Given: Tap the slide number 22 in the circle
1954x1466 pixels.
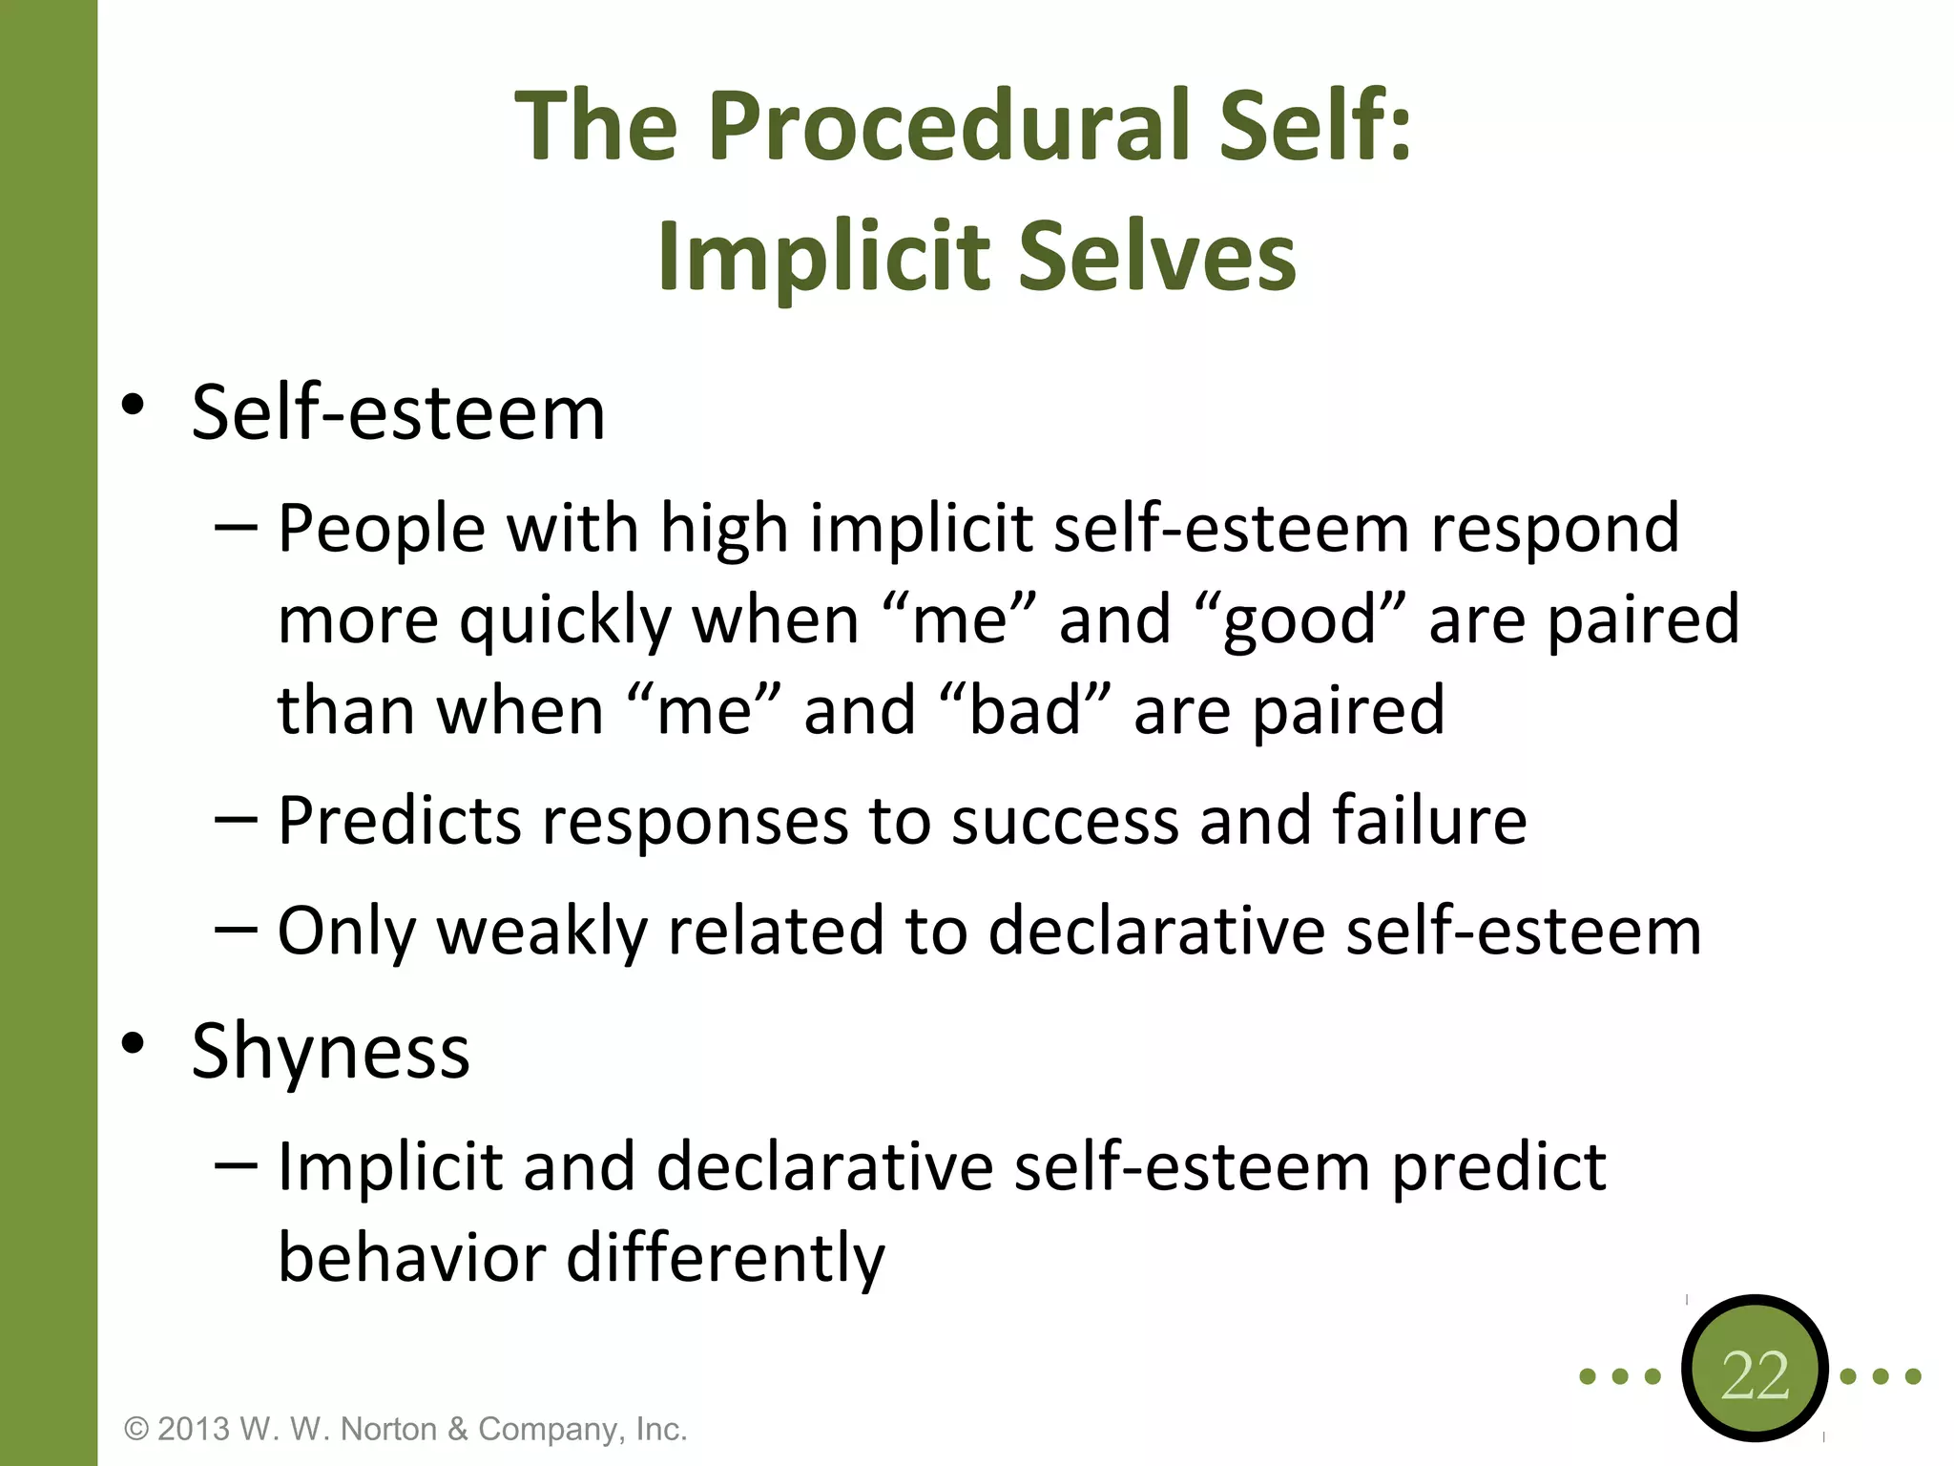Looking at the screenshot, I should [x=1755, y=1375].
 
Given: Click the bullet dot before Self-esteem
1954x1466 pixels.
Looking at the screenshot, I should [x=133, y=405].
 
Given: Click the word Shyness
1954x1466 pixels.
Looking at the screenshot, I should [x=330, y=1051].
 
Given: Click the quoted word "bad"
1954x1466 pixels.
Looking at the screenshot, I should [x=1026, y=711].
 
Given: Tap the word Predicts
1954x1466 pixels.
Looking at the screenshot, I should [x=399, y=821].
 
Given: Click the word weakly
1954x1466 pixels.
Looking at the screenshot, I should [x=541, y=932].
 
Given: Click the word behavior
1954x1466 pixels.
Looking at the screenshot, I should [x=411, y=1258].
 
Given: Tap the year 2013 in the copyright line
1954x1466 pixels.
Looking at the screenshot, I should [x=194, y=1430].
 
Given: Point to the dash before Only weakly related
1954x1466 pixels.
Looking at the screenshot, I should [x=236, y=928].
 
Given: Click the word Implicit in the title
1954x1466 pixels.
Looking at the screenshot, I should [x=823, y=256].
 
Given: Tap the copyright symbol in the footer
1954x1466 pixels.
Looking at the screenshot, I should [x=137, y=1430].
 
